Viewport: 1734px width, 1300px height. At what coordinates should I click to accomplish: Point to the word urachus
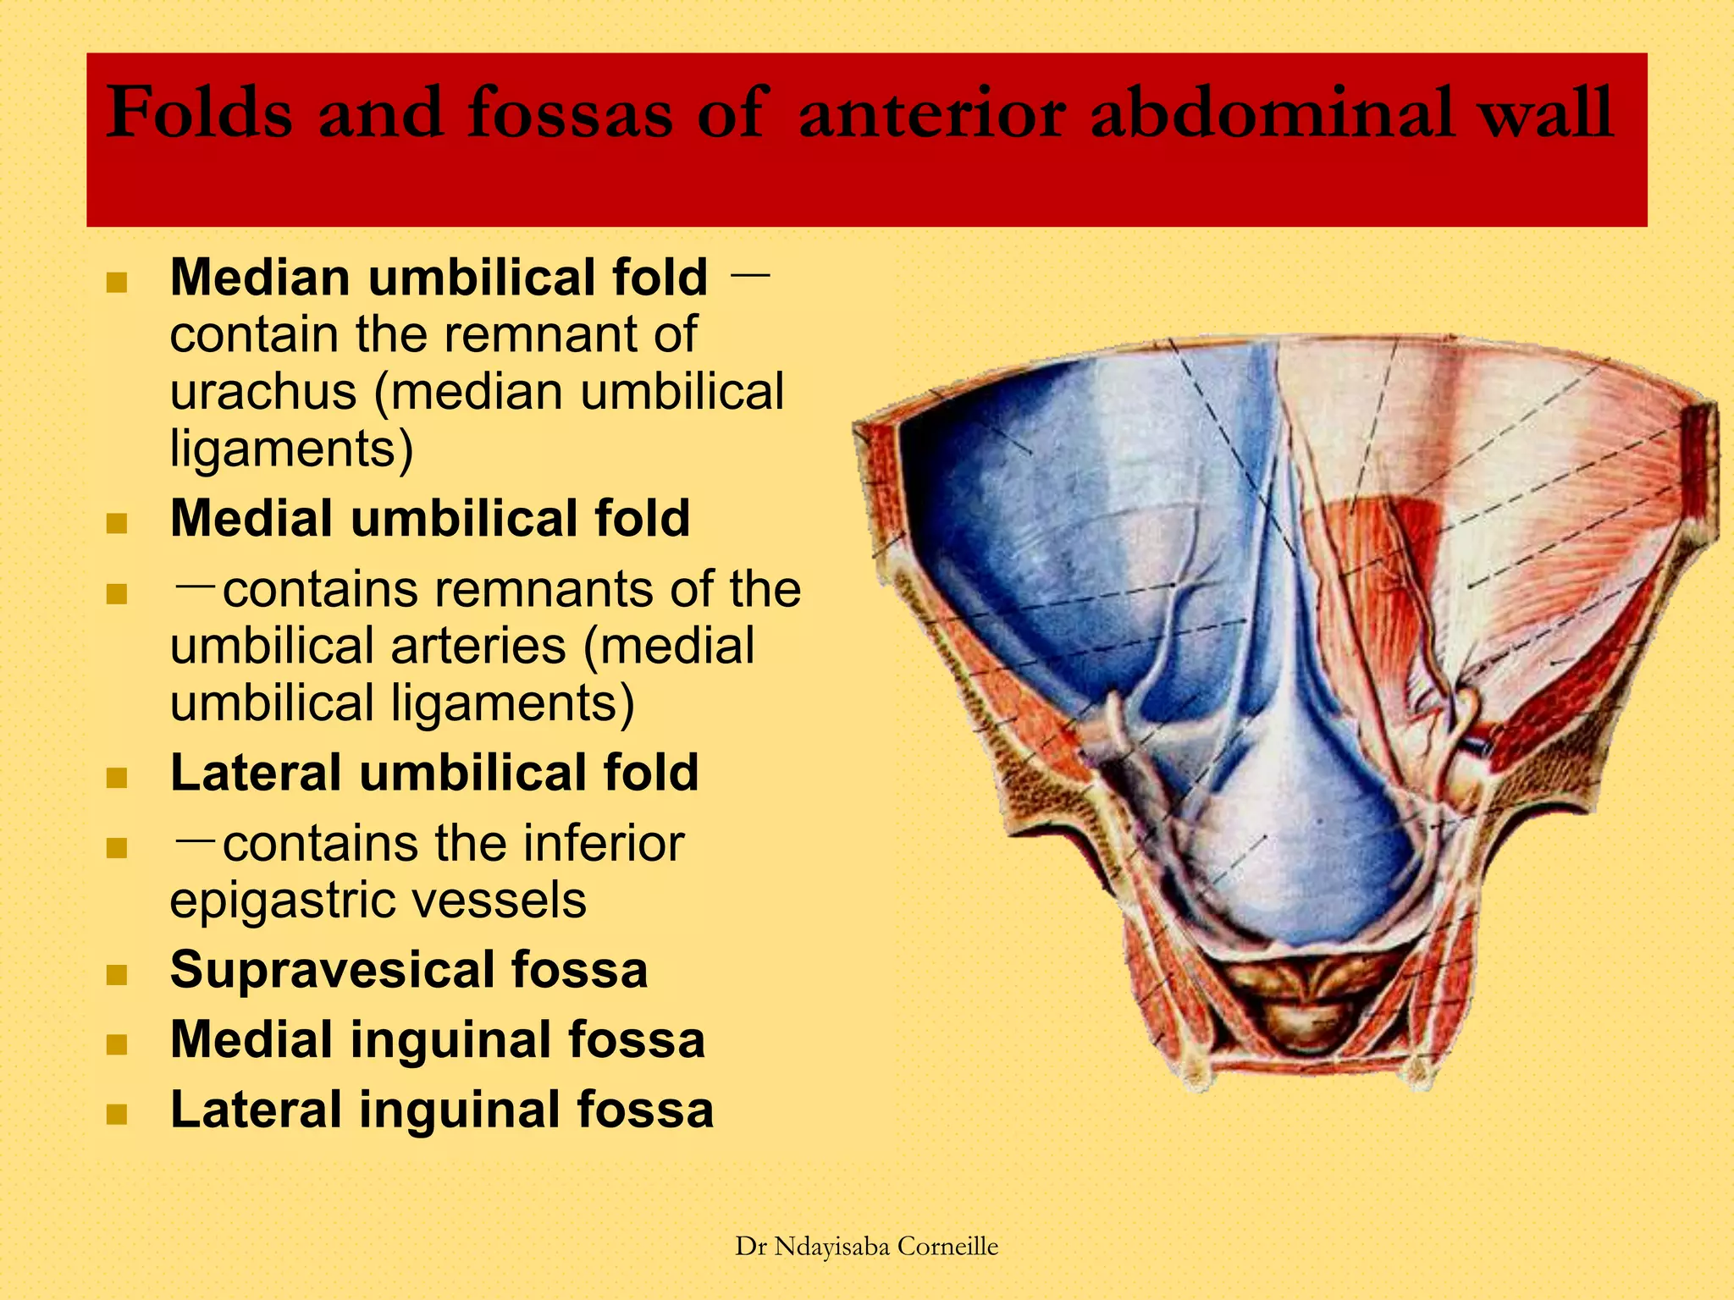[263, 392]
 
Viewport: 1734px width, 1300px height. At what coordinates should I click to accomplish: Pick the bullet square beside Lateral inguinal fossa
[117, 1114]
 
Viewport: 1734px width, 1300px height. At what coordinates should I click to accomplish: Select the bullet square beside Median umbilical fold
[117, 283]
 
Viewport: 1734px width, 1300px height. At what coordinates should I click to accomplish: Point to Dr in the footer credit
[750, 1247]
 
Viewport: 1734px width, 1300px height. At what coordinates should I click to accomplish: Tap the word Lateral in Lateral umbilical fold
[256, 773]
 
